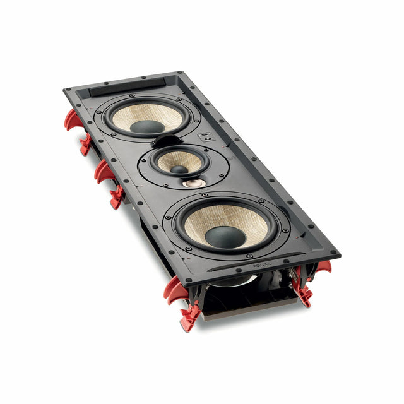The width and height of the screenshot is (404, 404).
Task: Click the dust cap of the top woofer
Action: pos(147,126)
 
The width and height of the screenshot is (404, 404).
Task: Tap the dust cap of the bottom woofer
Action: pos(225,236)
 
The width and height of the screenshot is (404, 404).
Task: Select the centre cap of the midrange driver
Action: pos(179,169)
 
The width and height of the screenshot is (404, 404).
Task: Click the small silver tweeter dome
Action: pos(193,183)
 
